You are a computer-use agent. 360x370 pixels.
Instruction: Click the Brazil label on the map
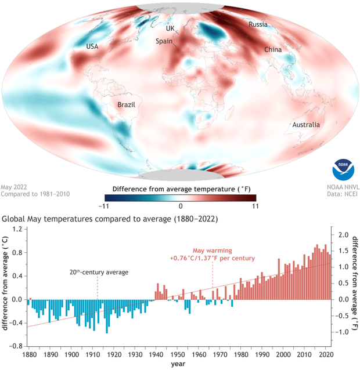click(x=126, y=106)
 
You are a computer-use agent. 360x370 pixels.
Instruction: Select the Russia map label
click(x=258, y=24)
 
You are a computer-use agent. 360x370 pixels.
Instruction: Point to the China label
click(x=273, y=50)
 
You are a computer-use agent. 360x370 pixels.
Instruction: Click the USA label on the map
click(x=93, y=46)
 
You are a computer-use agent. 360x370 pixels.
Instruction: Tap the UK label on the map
click(x=170, y=28)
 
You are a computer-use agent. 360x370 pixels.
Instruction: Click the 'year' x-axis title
click(x=178, y=364)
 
